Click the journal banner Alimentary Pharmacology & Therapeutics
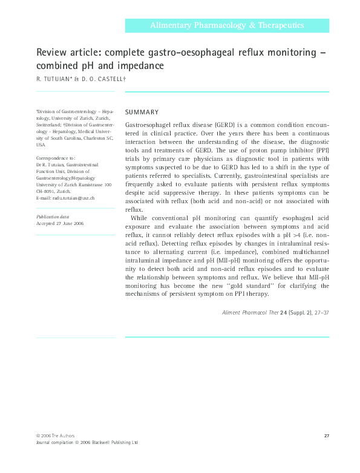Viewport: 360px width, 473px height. point(227,25)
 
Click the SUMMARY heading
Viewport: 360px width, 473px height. point(142,112)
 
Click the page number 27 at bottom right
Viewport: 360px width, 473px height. point(326,435)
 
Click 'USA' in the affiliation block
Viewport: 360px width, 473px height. point(41,145)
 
